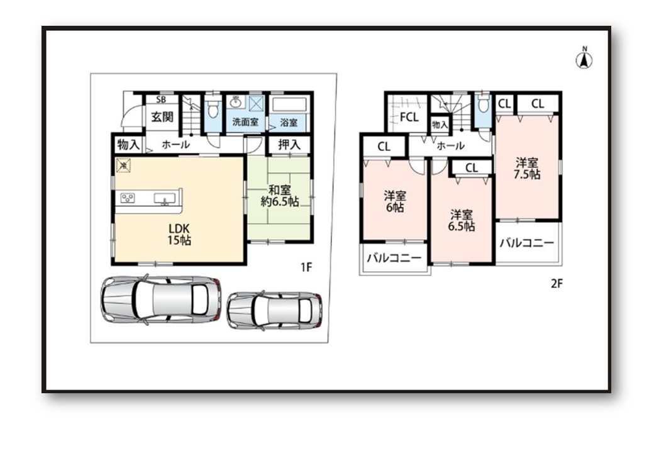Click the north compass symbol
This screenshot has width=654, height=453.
point(584,59)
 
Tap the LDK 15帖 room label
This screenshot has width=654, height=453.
point(179,234)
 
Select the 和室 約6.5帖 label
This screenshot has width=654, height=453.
point(279,196)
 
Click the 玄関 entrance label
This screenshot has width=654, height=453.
point(162,116)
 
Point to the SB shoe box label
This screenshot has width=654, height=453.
point(161,99)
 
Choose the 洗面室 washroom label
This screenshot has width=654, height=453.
point(245,122)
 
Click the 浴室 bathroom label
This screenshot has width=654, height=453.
point(289,123)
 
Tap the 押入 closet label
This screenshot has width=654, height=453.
point(289,145)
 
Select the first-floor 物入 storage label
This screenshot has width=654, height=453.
point(128,145)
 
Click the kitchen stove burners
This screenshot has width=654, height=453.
point(128,198)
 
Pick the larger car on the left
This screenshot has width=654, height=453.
point(161,299)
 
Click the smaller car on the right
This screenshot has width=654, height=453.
point(274,310)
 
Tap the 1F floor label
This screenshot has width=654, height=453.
point(306,267)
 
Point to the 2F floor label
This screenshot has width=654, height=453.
point(557,284)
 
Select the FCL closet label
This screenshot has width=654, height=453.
point(409,117)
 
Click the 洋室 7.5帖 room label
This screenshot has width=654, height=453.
point(527,169)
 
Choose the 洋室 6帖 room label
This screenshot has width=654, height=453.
point(394,201)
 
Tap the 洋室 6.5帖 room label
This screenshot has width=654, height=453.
point(462,221)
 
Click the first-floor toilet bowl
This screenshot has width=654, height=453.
point(213,110)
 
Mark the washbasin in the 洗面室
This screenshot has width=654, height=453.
point(236,102)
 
